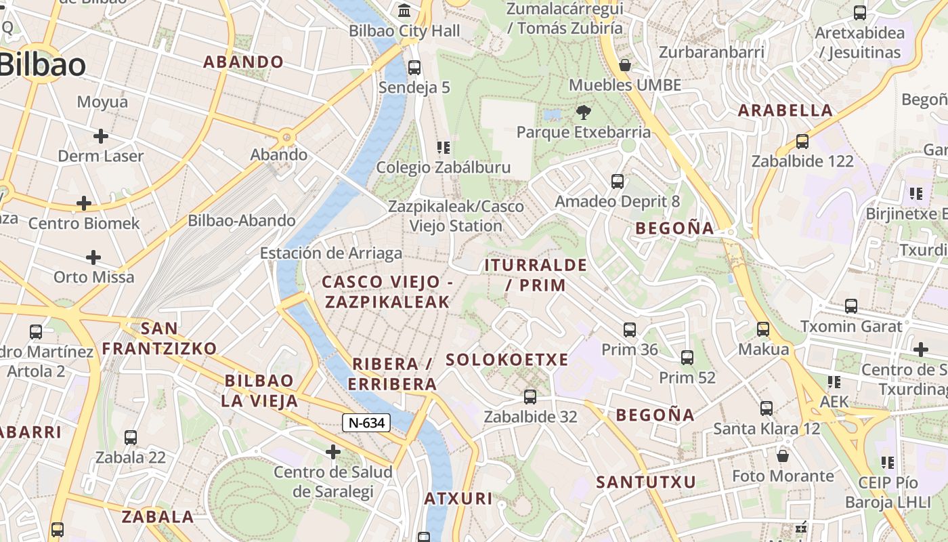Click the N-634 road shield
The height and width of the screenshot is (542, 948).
[366, 423]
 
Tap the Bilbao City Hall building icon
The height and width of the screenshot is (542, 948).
[405, 11]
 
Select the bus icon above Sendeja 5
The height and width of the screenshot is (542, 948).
[414, 68]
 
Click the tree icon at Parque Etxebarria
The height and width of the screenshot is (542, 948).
[583, 112]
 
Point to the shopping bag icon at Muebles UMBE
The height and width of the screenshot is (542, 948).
[625, 65]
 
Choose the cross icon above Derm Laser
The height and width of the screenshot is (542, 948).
[101, 136]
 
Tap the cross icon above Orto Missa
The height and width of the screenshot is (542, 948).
[93, 257]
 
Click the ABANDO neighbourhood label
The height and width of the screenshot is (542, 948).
[244, 62]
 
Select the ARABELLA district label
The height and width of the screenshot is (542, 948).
[785, 110]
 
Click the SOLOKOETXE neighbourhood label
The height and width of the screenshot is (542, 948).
[507, 360]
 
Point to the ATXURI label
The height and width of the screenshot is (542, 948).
[458, 499]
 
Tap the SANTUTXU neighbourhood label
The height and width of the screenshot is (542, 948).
[646, 482]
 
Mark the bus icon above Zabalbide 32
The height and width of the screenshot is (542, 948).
[530, 397]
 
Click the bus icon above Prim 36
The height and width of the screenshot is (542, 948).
[630, 330]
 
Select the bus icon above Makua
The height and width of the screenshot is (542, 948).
[763, 329]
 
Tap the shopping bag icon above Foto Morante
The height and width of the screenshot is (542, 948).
[783, 456]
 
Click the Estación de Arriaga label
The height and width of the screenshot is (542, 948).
[331, 253]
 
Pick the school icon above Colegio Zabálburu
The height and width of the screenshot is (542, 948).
[444, 147]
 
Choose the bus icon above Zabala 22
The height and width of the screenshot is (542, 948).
[131, 438]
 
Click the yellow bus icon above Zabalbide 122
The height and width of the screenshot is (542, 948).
[802, 141]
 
